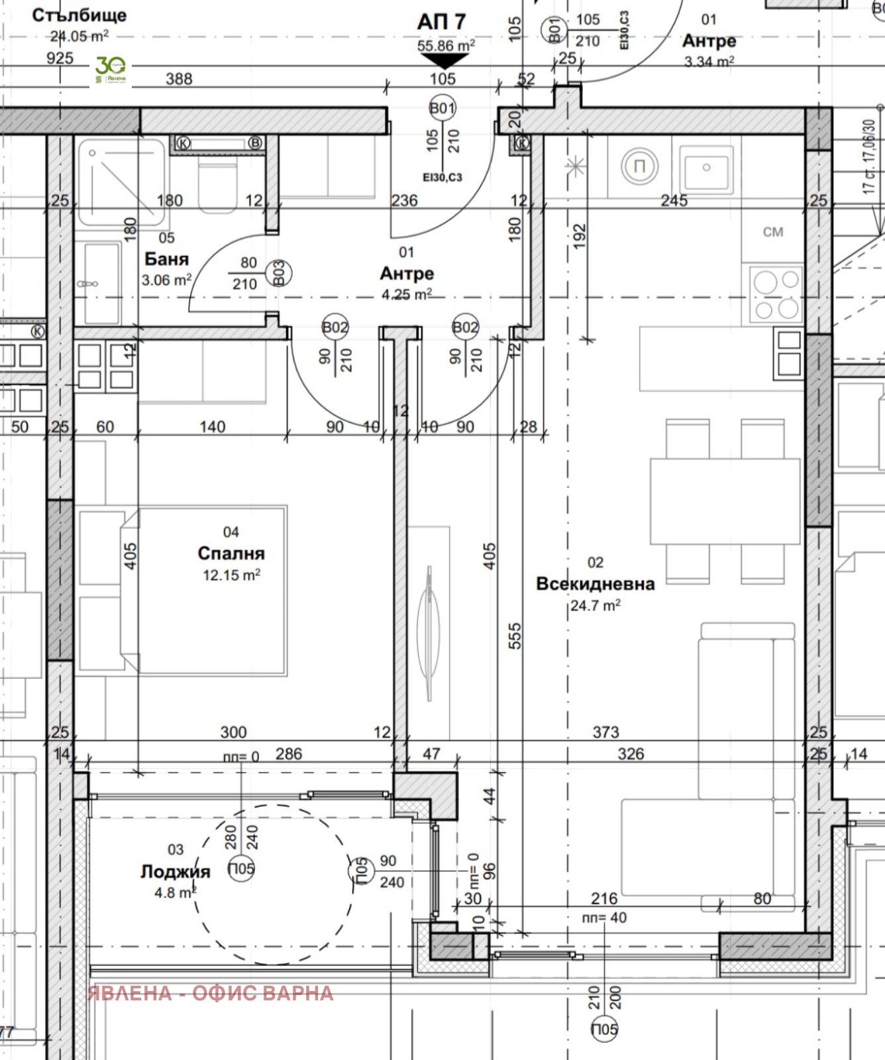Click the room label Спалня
231,553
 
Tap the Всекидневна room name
595,583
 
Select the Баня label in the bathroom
166,259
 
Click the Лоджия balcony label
175,871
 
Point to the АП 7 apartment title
441,22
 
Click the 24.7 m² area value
595,605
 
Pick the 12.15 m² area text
231,575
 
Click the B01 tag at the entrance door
443,108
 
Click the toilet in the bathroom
217,186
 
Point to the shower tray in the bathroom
121,181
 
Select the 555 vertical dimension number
515,635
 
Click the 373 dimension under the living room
605,732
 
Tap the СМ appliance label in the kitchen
772,232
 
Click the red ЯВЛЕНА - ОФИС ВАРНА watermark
211,993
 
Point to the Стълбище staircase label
79,15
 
